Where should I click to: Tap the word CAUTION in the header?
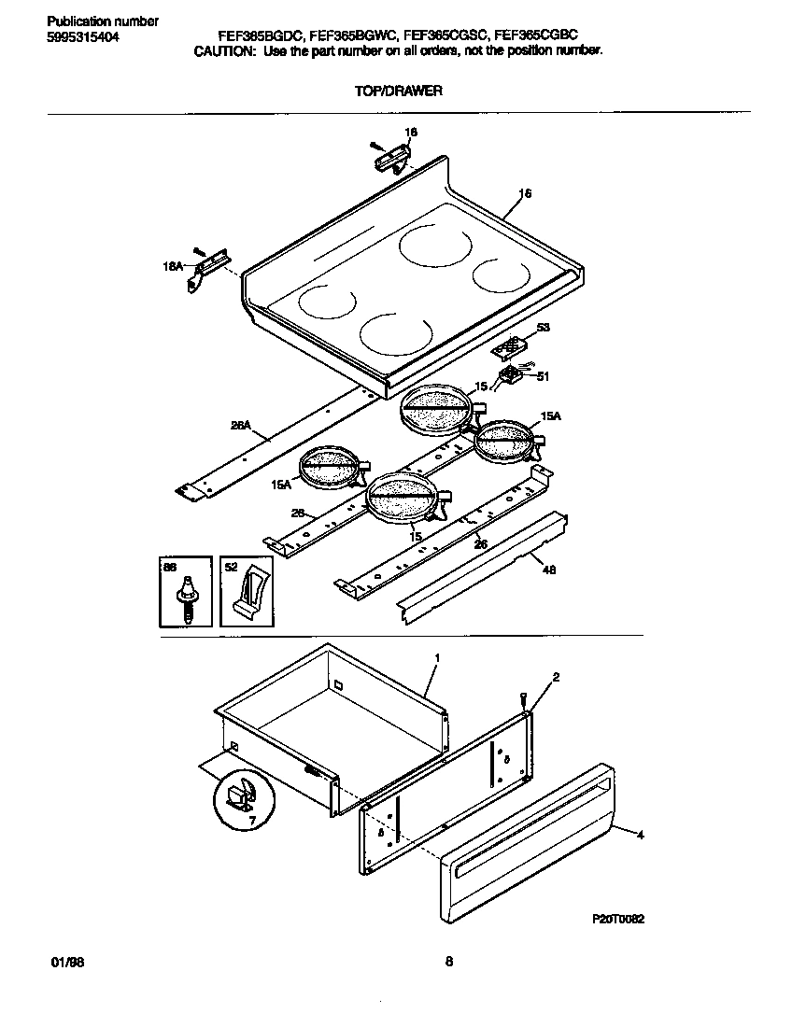tap(223, 52)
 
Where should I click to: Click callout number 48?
tap(549, 570)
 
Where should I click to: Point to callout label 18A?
tap(174, 267)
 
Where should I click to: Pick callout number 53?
tap(544, 328)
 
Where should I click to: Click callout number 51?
tap(544, 377)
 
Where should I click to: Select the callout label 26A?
tap(241, 426)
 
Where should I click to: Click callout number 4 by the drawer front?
tap(640, 836)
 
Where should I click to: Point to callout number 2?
tap(556, 676)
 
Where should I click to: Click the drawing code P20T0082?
tap(618, 919)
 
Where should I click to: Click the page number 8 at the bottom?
tap(448, 962)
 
